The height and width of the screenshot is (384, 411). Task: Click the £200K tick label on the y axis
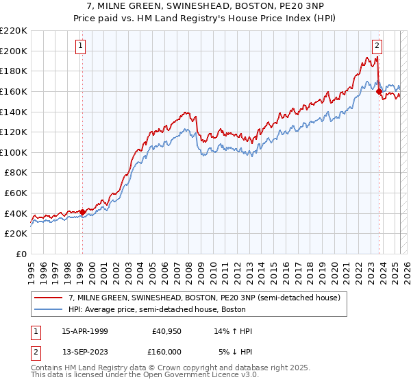[14, 51]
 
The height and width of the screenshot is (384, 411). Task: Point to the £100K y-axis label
[14, 152]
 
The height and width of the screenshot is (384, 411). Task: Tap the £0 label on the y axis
[21, 254]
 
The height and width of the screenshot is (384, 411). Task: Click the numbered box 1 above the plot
[81, 46]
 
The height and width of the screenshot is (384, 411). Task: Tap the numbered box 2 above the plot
[377, 46]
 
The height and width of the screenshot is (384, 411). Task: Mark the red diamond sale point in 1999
[82, 212]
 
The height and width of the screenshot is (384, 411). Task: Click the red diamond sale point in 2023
[379, 91]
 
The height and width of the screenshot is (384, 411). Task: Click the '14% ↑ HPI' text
[234, 332]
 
